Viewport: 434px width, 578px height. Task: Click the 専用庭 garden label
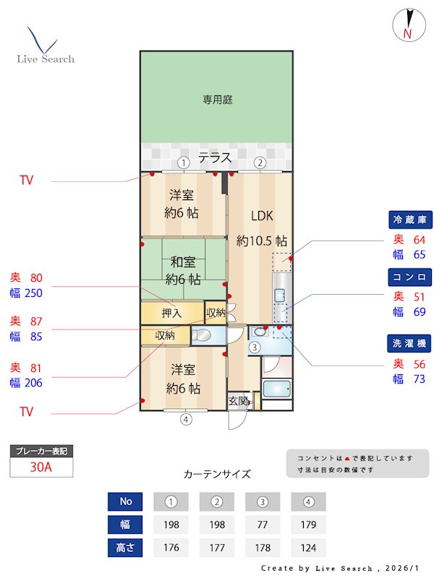click(217, 100)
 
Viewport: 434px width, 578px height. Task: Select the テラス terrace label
click(215, 158)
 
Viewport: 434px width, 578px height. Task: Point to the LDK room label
click(262, 215)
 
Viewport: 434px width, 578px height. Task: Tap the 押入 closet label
click(172, 314)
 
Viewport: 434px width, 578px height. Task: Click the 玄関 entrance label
click(239, 401)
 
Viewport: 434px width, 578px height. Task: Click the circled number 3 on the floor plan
click(255, 348)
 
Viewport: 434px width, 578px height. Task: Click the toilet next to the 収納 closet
click(202, 335)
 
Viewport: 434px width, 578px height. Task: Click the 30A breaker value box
click(41, 467)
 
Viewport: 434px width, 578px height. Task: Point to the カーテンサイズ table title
click(217, 474)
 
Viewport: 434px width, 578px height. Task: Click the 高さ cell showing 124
click(308, 548)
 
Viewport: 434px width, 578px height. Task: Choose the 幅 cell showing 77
click(263, 525)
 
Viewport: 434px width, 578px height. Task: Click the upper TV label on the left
click(27, 180)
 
